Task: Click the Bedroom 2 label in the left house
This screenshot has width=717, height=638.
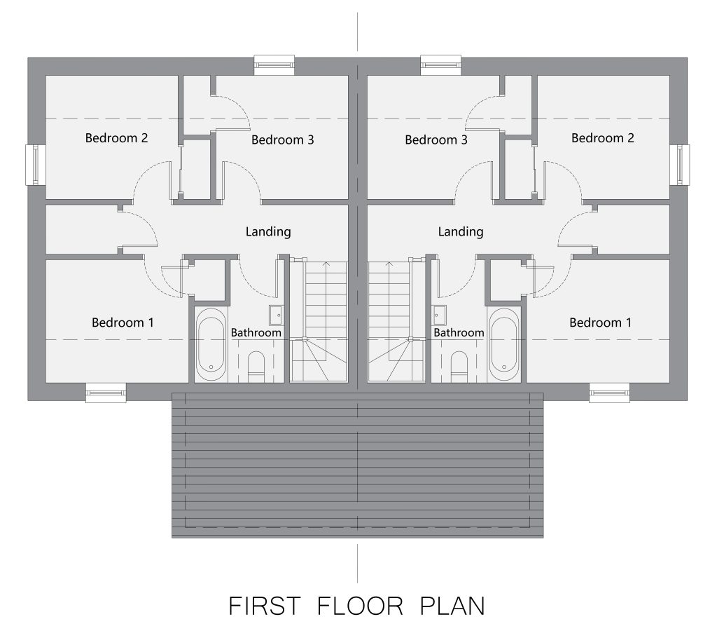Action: [117, 138]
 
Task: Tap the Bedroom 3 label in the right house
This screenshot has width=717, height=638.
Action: [436, 140]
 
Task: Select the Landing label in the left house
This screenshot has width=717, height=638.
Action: [268, 232]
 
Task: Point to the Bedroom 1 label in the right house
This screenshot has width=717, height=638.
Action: [600, 323]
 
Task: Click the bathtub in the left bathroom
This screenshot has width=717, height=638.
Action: [211, 344]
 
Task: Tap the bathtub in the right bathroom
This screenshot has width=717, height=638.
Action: [504, 344]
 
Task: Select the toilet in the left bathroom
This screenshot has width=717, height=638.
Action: [256, 367]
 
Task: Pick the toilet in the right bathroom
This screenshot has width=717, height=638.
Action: [459, 367]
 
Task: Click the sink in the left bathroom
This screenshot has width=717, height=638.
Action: [276, 315]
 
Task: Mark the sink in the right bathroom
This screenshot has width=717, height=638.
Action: [440, 315]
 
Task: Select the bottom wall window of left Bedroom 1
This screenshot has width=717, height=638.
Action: [106, 393]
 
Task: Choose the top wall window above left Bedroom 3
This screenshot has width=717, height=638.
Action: [274, 65]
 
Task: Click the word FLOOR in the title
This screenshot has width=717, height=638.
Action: [360, 606]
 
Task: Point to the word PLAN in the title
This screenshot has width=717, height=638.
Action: [452, 606]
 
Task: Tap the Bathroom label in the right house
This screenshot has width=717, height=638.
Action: [459, 332]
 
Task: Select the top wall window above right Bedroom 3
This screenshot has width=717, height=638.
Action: [441, 65]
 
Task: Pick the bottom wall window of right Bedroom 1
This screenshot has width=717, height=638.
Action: [609, 393]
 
